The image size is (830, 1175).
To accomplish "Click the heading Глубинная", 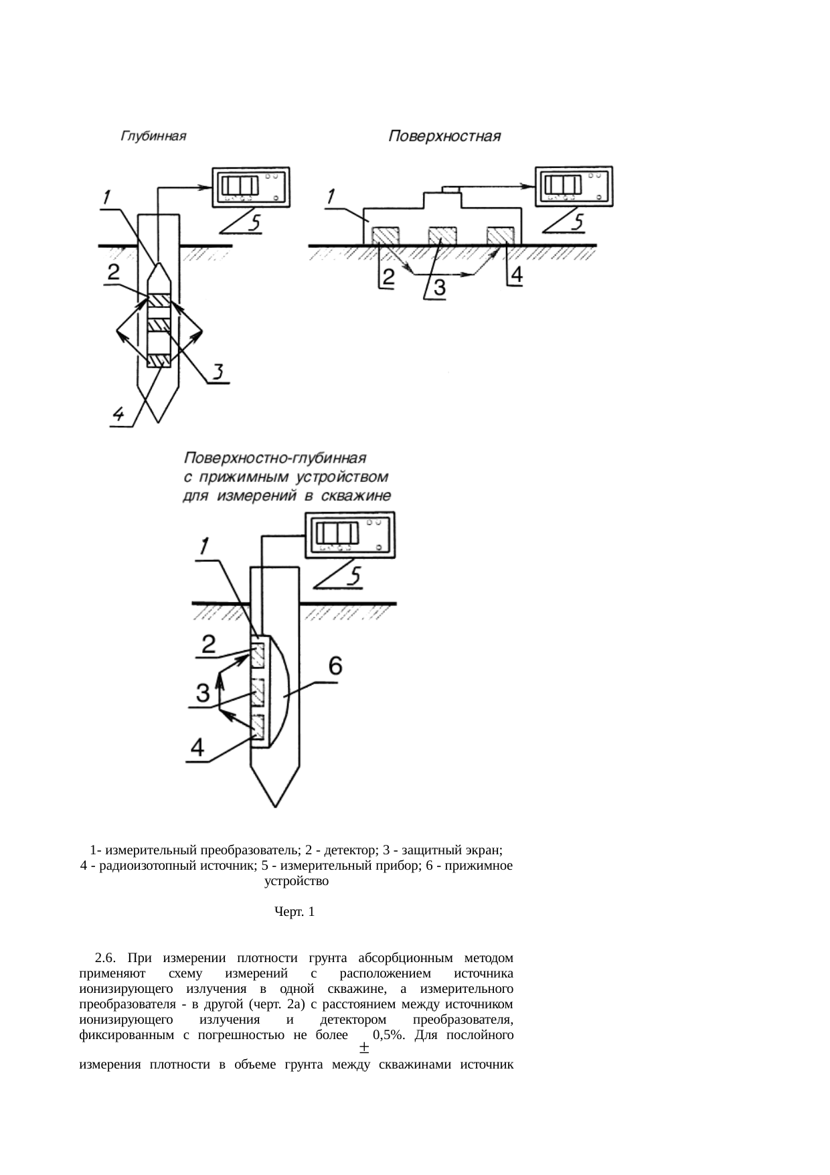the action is (x=153, y=137).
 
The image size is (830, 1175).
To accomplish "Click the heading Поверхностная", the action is (x=445, y=137).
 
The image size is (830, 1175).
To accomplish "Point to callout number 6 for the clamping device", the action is (x=335, y=666).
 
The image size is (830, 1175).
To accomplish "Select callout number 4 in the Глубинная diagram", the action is (x=118, y=415).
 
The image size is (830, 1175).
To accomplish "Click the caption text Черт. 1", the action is (x=295, y=912).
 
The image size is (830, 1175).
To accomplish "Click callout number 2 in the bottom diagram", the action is (x=209, y=645).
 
